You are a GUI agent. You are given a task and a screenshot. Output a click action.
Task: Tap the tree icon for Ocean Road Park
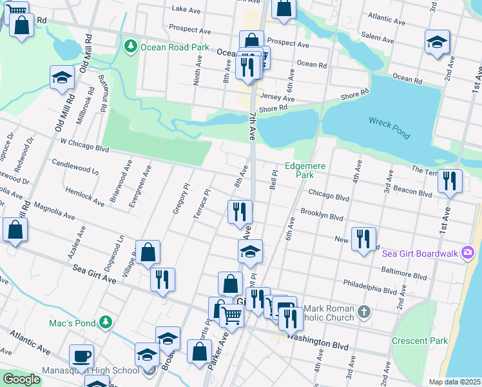[x=131, y=46]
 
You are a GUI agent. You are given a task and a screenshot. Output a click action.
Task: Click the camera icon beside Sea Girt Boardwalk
[x=468, y=253]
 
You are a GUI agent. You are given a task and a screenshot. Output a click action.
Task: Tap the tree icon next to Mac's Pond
[x=106, y=322]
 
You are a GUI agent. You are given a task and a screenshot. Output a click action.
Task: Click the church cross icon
[x=364, y=313]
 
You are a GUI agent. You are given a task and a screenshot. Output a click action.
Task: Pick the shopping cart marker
[x=232, y=315]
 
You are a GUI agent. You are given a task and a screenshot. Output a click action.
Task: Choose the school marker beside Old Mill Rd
[x=63, y=77]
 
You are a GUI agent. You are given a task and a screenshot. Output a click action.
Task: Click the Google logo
[x=21, y=379]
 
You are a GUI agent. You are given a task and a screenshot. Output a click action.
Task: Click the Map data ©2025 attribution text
[x=454, y=382]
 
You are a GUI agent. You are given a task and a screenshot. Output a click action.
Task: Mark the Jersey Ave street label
[x=277, y=96]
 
